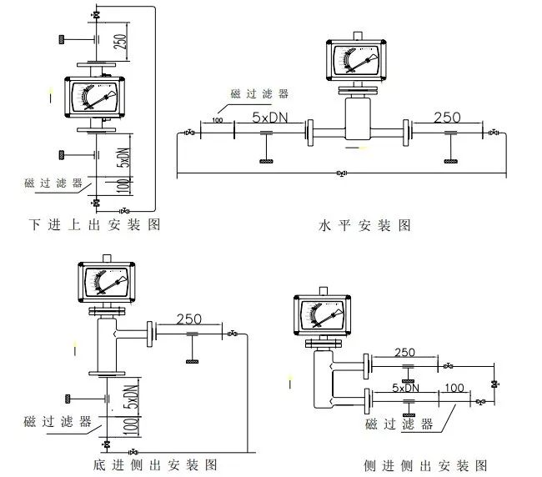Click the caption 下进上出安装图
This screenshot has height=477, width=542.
(x=93, y=225)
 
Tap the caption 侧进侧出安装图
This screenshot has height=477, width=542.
(x=425, y=465)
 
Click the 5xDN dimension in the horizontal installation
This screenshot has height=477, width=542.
(x=271, y=119)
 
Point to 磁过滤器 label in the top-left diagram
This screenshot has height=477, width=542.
(x=53, y=182)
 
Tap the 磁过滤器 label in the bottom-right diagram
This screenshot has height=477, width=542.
(x=399, y=424)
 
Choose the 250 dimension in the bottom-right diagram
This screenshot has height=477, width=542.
(x=404, y=353)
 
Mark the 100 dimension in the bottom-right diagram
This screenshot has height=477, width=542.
(x=454, y=388)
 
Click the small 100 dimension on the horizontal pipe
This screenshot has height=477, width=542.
(x=218, y=122)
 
